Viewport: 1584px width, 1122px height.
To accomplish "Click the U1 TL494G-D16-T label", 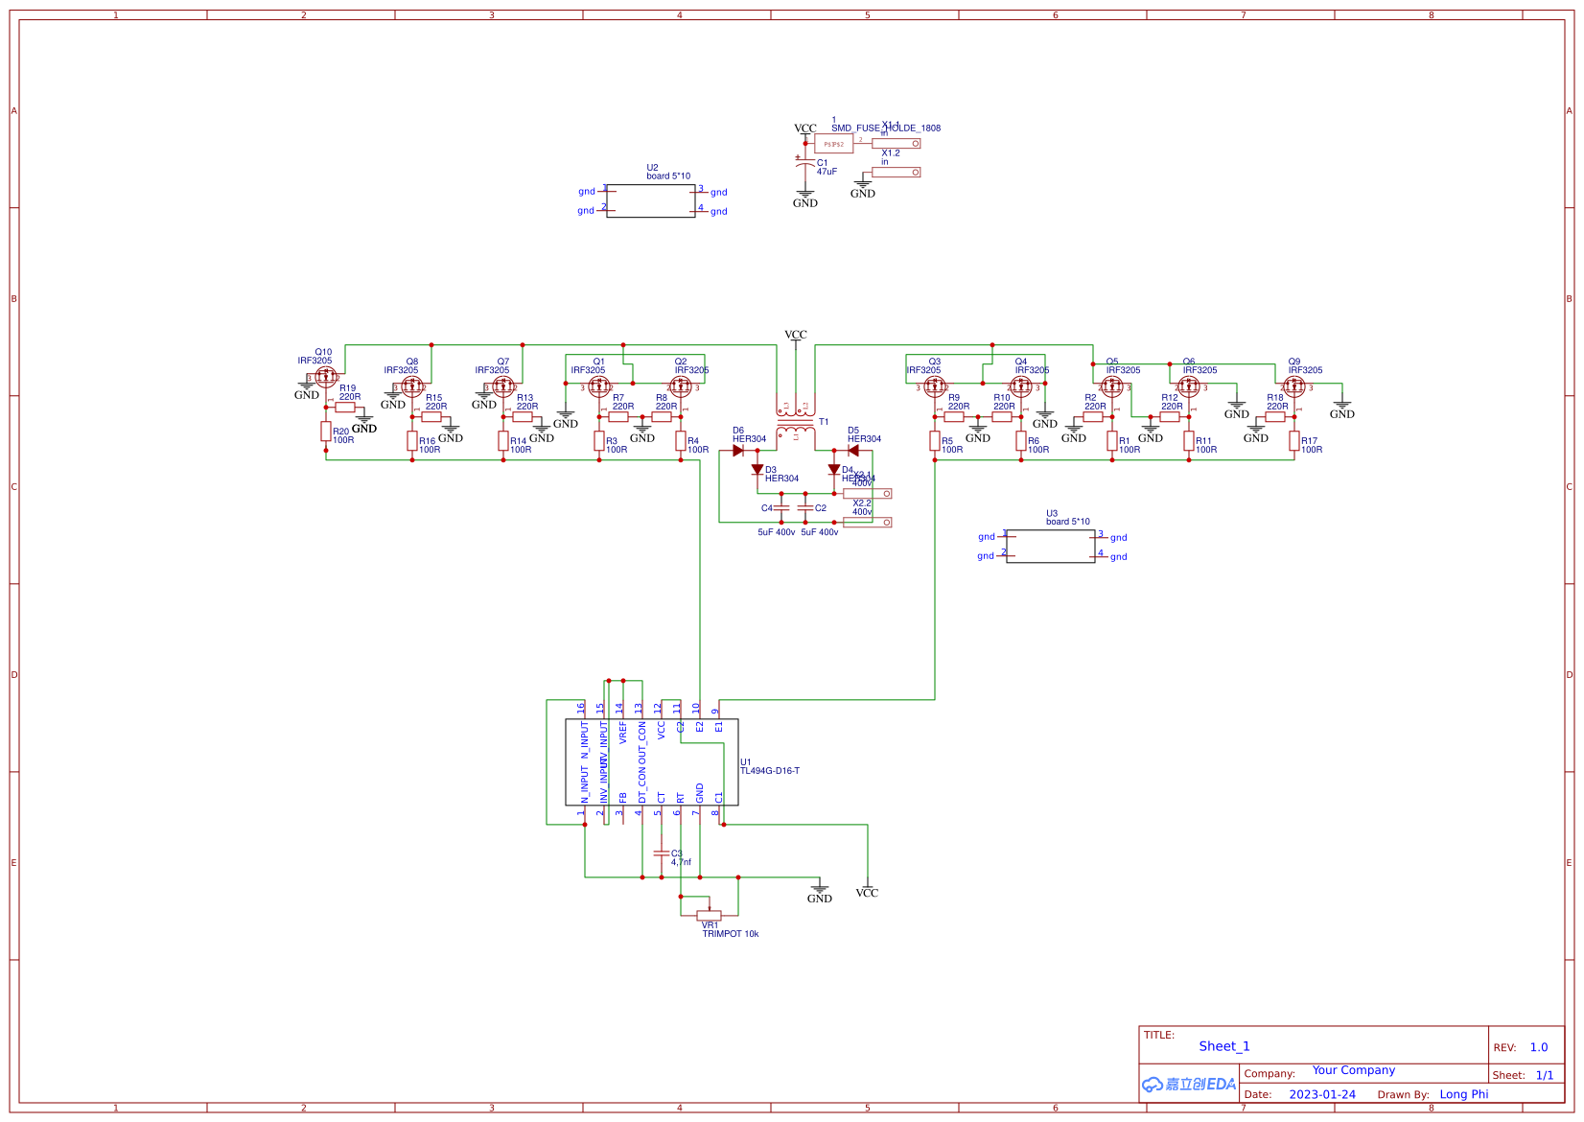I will click(x=769, y=767).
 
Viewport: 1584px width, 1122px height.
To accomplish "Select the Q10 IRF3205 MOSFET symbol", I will click(x=325, y=377).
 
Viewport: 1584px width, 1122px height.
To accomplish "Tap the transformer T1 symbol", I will click(x=796, y=422).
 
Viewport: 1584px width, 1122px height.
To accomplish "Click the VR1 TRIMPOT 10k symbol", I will click(x=710, y=915).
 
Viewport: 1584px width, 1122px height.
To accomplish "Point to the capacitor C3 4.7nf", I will click(x=661, y=853).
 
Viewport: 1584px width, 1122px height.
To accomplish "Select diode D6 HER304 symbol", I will click(x=738, y=451).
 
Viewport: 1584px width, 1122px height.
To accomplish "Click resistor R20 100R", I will click(x=326, y=432).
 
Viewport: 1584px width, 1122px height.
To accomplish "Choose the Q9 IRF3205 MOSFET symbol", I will click(x=1294, y=386).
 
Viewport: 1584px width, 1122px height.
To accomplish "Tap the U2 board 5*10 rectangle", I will click(x=651, y=200).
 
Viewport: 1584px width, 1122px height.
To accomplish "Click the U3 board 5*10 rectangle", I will click(x=1051, y=546).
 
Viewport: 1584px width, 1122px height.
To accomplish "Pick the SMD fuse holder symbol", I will click(x=834, y=144).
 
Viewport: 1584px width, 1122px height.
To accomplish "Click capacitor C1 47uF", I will click(x=805, y=165).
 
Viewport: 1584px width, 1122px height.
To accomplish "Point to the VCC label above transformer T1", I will click(x=796, y=335).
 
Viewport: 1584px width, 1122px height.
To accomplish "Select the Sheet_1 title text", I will click(x=1224, y=1046).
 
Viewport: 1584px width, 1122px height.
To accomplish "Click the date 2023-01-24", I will click(x=1322, y=1094).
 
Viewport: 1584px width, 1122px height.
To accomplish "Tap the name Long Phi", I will click(x=1463, y=1094).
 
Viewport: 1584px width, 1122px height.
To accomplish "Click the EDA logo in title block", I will click(x=1189, y=1084).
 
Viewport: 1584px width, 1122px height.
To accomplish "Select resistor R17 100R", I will click(x=1294, y=441).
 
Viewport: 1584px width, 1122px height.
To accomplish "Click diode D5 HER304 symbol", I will click(x=852, y=451).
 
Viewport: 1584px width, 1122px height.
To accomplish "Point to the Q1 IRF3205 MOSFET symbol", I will click(x=599, y=386).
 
